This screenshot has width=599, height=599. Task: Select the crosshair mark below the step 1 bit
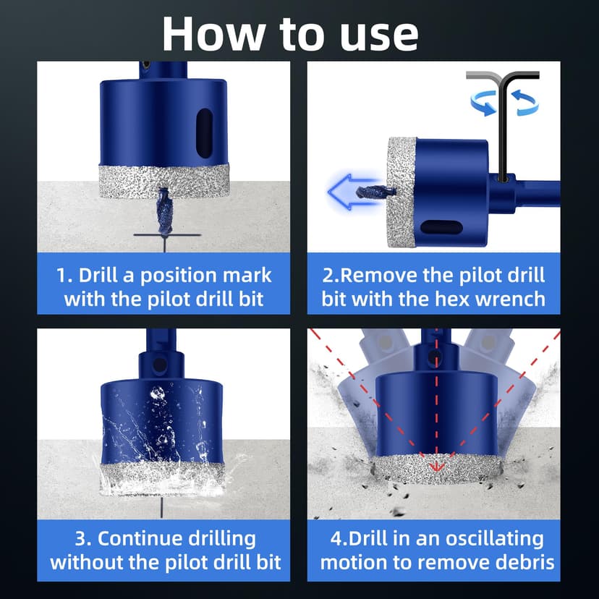[165, 237]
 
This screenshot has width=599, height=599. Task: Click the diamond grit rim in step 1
[164, 178]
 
